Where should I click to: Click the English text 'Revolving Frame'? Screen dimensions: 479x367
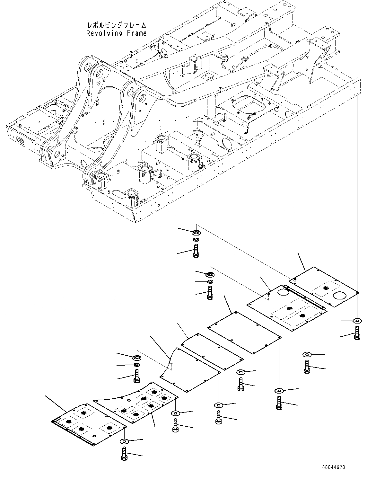(x=116, y=33)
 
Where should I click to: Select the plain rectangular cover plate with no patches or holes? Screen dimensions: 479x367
(x=245, y=332)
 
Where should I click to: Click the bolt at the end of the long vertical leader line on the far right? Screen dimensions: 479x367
(x=357, y=332)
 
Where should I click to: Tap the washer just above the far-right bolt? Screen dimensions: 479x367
(x=357, y=320)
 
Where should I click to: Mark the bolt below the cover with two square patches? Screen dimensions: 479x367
(x=306, y=367)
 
